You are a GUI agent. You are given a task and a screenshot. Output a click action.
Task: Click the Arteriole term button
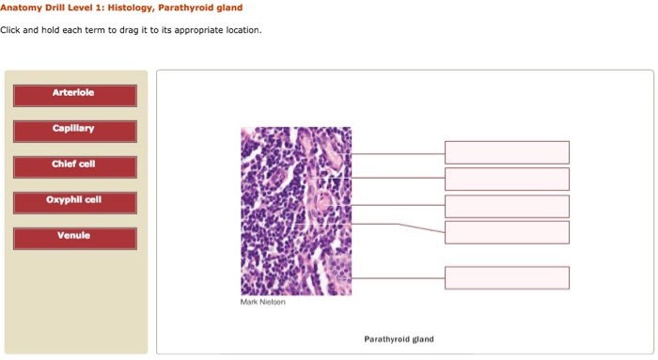pyautogui.click(x=75, y=95)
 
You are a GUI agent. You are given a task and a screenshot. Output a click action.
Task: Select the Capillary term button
pyautogui.click(x=75, y=130)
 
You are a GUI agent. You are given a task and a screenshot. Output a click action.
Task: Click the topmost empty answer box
pyautogui.click(x=507, y=152)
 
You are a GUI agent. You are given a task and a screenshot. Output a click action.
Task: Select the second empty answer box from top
pyautogui.click(x=507, y=179)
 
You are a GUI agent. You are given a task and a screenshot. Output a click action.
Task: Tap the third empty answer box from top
pyautogui.click(x=507, y=206)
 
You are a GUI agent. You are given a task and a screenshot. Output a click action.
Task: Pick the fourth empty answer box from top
pyautogui.click(x=507, y=232)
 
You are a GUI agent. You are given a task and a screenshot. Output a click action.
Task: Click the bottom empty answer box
pyautogui.click(x=507, y=277)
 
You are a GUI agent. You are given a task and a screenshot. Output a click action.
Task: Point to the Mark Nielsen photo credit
pyautogui.click(x=263, y=302)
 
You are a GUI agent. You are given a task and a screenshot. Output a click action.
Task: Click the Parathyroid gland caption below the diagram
pyautogui.click(x=399, y=338)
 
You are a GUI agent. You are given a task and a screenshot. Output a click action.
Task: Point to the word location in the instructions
pyautogui.click(x=241, y=30)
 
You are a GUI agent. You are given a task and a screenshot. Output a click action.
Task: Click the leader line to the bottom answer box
pyautogui.click(x=395, y=277)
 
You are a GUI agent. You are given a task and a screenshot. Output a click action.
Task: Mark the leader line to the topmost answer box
pyautogui.click(x=395, y=152)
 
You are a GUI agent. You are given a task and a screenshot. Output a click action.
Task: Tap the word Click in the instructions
pyautogui.click(x=14, y=30)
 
